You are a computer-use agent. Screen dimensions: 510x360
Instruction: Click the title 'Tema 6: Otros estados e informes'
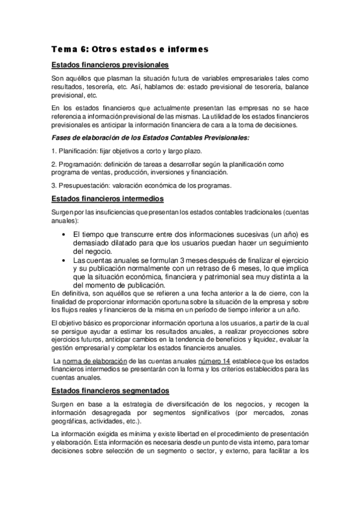coord(129,49)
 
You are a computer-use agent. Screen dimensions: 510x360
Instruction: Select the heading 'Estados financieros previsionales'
coord(109,65)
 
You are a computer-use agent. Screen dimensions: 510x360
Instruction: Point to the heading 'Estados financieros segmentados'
coord(110,392)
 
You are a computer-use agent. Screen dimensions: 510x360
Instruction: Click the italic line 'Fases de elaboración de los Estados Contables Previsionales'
coord(150,138)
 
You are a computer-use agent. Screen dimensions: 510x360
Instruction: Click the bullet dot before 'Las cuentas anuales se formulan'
coord(64,260)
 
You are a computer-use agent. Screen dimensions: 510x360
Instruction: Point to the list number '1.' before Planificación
coord(54,151)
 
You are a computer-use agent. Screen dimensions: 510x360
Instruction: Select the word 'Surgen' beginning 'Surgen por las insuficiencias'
coord(62,212)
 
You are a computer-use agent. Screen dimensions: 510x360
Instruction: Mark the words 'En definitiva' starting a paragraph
coord(71,293)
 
